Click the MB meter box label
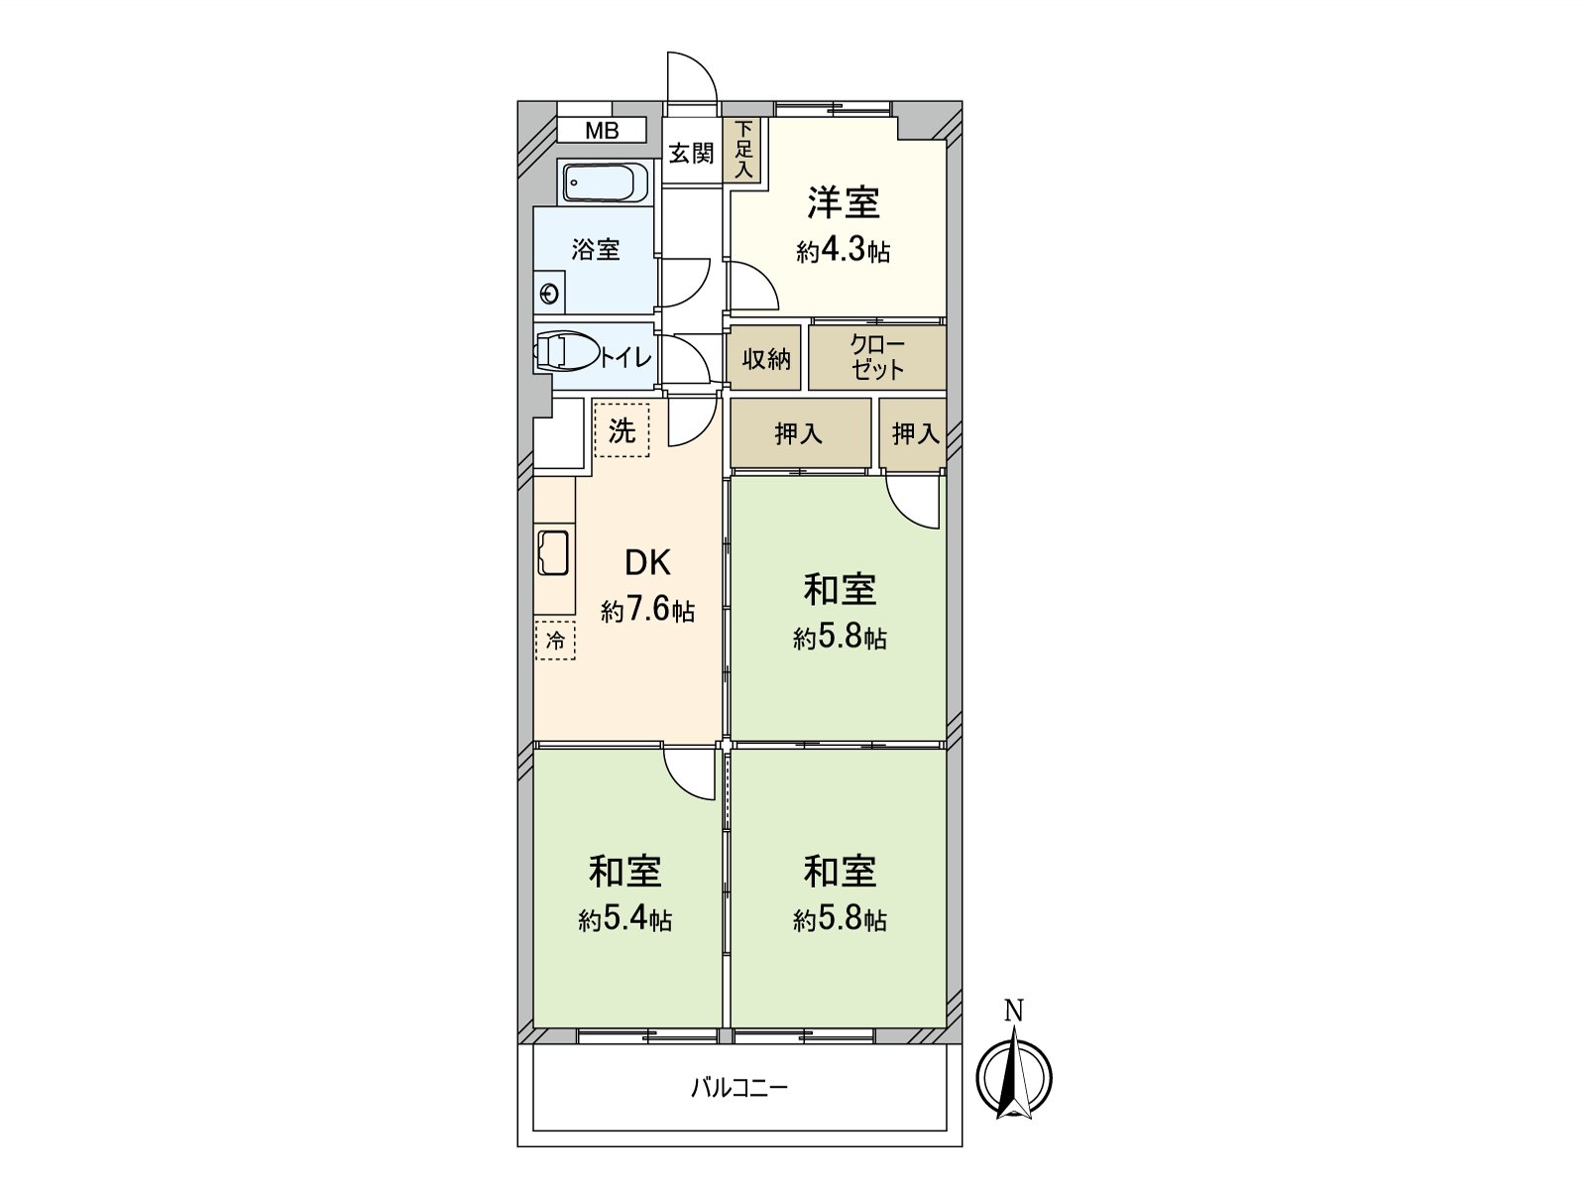click(601, 130)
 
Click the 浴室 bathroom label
click(596, 249)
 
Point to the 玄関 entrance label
click(691, 154)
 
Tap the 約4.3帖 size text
click(843, 252)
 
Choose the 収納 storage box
click(766, 359)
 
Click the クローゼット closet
click(877, 358)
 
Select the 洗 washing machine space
click(622, 430)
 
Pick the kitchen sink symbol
click(552, 552)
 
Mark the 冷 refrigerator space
click(555, 641)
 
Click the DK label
click(647, 563)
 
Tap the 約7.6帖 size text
click(647, 611)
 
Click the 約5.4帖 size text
click(625, 920)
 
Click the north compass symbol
click(1013, 1077)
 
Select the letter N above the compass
click(1013, 1011)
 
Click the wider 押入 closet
click(800, 433)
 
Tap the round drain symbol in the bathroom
click(548, 294)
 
